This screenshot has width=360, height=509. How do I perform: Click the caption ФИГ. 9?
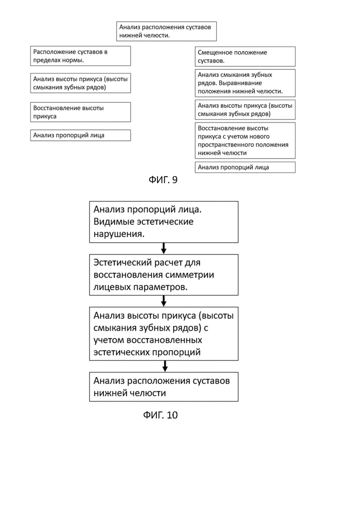coord(163,180)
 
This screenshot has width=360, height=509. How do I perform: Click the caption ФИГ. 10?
coord(160,415)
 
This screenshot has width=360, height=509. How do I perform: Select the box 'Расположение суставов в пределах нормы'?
coord(80,56)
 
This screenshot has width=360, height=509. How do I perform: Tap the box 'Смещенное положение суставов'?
coord(245,56)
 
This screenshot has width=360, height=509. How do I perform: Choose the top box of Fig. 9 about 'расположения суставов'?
coord(167,31)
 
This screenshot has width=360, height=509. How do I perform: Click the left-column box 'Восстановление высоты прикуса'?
coord(80,112)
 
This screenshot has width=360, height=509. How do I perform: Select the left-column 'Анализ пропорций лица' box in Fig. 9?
coord(80,135)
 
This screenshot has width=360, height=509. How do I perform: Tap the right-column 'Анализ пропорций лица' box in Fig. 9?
coord(245,167)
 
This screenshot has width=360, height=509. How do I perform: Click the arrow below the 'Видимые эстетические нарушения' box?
coord(163,248)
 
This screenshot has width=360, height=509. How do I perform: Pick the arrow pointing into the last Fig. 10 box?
coord(165,366)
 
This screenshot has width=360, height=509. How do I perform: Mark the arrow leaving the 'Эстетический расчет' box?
coord(163,301)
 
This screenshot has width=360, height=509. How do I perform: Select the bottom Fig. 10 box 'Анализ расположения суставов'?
coord(163,387)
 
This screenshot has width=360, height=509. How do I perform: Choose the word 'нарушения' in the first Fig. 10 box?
coord(119,234)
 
